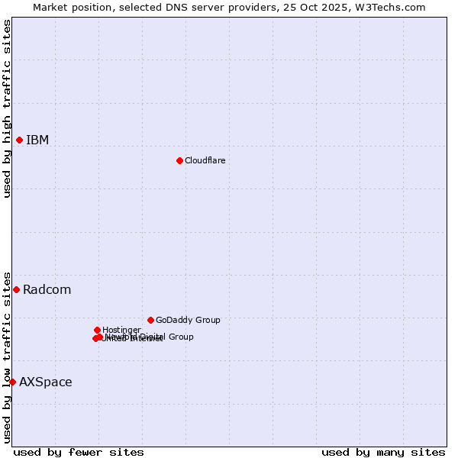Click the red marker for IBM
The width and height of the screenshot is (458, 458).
point(19,140)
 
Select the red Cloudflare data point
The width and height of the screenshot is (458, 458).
point(179,160)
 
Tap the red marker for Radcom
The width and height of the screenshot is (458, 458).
point(16,289)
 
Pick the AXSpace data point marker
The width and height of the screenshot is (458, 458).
point(12,382)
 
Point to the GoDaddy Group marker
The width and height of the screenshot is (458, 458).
point(150,320)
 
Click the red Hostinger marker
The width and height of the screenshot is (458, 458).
point(97,330)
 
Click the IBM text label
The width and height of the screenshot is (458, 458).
point(37,140)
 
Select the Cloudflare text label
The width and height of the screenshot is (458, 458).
point(205,160)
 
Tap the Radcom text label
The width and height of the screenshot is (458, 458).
point(47,289)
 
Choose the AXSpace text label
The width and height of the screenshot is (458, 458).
point(45,382)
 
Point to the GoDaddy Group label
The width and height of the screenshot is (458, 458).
point(188,320)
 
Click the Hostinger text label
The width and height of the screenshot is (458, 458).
point(121,330)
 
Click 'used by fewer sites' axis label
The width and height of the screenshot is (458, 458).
point(79,452)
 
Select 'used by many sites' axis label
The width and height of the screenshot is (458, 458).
point(383,452)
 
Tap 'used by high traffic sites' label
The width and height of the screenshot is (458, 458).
point(7,108)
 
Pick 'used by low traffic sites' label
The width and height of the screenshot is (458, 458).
point(7,356)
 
